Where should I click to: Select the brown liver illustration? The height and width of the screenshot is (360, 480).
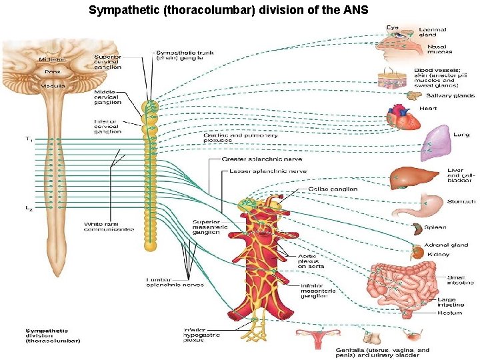(x=408, y=177)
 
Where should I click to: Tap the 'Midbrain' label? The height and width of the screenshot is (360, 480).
(x=51, y=59)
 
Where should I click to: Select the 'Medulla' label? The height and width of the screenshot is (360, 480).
(x=53, y=85)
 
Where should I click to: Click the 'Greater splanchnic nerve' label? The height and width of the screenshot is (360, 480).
(x=261, y=159)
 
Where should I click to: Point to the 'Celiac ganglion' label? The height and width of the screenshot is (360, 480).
(x=333, y=189)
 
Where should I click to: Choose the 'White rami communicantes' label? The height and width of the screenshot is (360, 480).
(x=109, y=227)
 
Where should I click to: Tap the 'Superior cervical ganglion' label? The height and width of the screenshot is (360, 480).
(x=107, y=62)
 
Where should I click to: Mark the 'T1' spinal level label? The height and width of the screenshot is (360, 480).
(x=28, y=139)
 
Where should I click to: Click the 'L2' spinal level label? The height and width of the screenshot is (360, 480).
(x=29, y=208)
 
